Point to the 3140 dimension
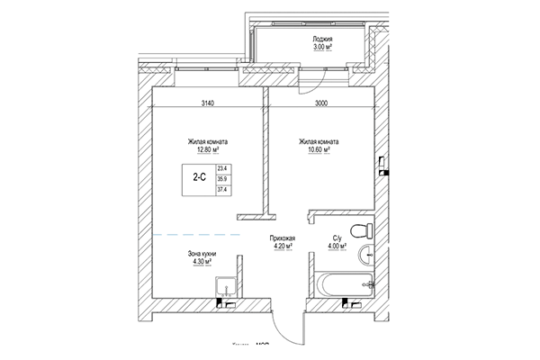207,103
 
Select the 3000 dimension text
321,103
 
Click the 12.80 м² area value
207,151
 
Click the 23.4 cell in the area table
222,168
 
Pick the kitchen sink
227,287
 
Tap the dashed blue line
194,234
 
